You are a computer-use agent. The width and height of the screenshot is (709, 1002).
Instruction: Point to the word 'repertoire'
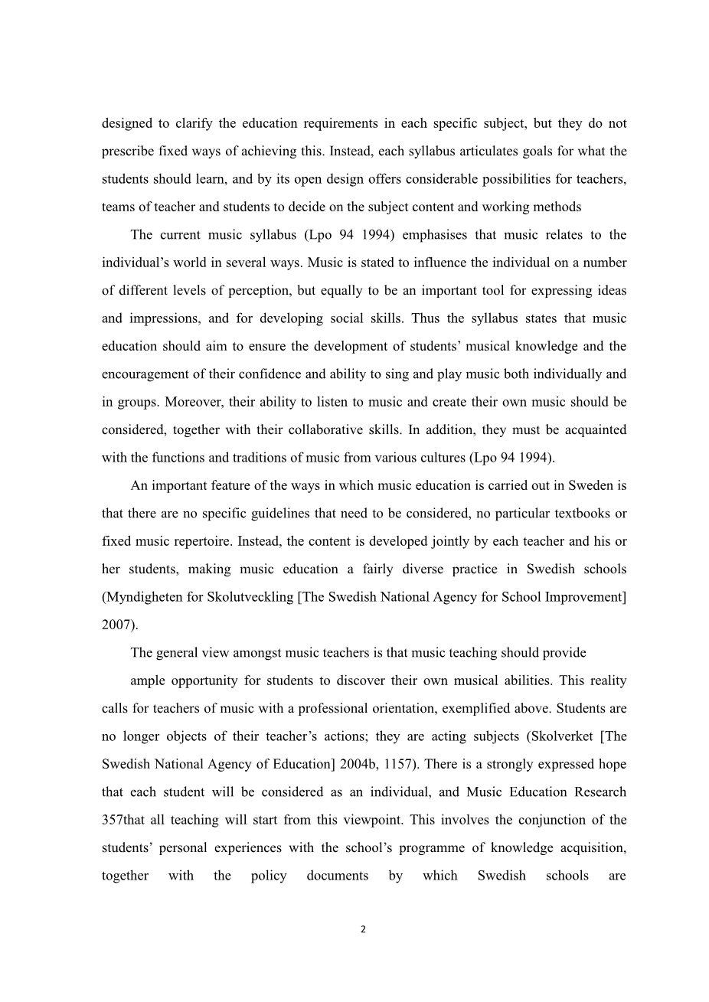[x=201, y=541]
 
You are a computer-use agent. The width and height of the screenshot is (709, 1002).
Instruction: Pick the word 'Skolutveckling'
[x=250, y=597]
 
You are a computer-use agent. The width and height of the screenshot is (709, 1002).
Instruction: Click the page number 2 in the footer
[x=364, y=930]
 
